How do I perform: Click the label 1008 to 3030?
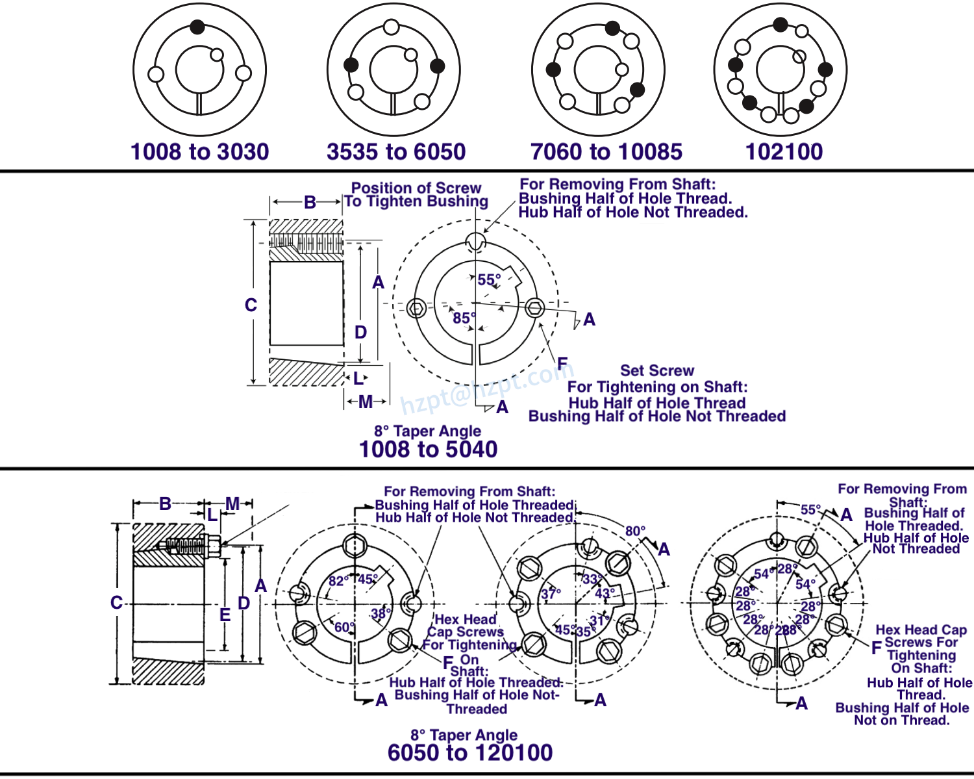[x=199, y=152]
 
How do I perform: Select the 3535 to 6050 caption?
[x=396, y=152]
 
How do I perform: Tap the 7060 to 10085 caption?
[x=606, y=152]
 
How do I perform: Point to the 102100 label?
[x=784, y=152]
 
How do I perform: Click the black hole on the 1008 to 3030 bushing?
[x=197, y=27]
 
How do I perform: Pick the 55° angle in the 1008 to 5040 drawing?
[x=489, y=280]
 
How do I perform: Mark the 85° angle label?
[x=464, y=318]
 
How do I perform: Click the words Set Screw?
[x=656, y=370]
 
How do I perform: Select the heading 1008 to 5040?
[x=428, y=450]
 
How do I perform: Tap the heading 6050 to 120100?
[x=469, y=753]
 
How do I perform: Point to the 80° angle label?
[x=635, y=531]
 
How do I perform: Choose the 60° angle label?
[x=345, y=628]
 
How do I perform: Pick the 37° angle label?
[x=551, y=594]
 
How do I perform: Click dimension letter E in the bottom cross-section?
[x=225, y=615]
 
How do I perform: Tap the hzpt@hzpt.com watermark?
[x=486, y=388]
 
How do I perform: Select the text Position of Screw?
[x=416, y=188]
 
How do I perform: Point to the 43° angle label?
[x=605, y=594]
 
